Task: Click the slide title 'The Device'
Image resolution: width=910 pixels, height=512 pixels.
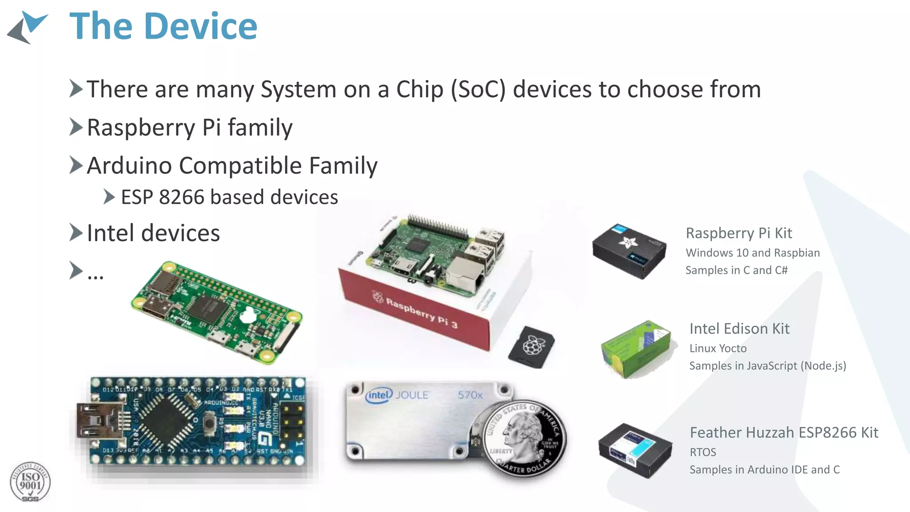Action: pyautogui.click(x=163, y=27)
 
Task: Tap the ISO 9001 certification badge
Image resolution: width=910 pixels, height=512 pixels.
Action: pyautogui.click(x=30, y=482)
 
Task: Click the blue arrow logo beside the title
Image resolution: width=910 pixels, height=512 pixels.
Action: pyautogui.click(x=28, y=28)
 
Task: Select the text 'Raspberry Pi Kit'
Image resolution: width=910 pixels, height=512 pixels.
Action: pyautogui.click(x=738, y=233)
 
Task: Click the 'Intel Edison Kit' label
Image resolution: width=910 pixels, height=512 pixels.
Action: pyautogui.click(x=739, y=329)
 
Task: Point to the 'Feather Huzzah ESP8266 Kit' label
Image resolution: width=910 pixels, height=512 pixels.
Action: pyautogui.click(x=784, y=432)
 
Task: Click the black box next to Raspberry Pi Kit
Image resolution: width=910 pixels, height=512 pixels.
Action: pyautogui.click(x=629, y=251)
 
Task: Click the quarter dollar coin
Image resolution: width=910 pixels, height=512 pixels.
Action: pyautogui.click(x=524, y=438)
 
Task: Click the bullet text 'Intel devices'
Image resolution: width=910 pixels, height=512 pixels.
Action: pyautogui.click(x=153, y=233)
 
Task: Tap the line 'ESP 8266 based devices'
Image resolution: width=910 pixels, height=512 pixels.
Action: pyautogui.click(x=229, y=197)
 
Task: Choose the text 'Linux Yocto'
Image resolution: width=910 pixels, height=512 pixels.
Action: pyautogui.click(x=718, y=348)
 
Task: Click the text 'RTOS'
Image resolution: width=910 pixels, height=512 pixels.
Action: pyautogui.click(x=702, y=452)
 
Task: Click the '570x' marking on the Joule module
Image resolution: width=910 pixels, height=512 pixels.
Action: pyautogui.click(x=470, y=395)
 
